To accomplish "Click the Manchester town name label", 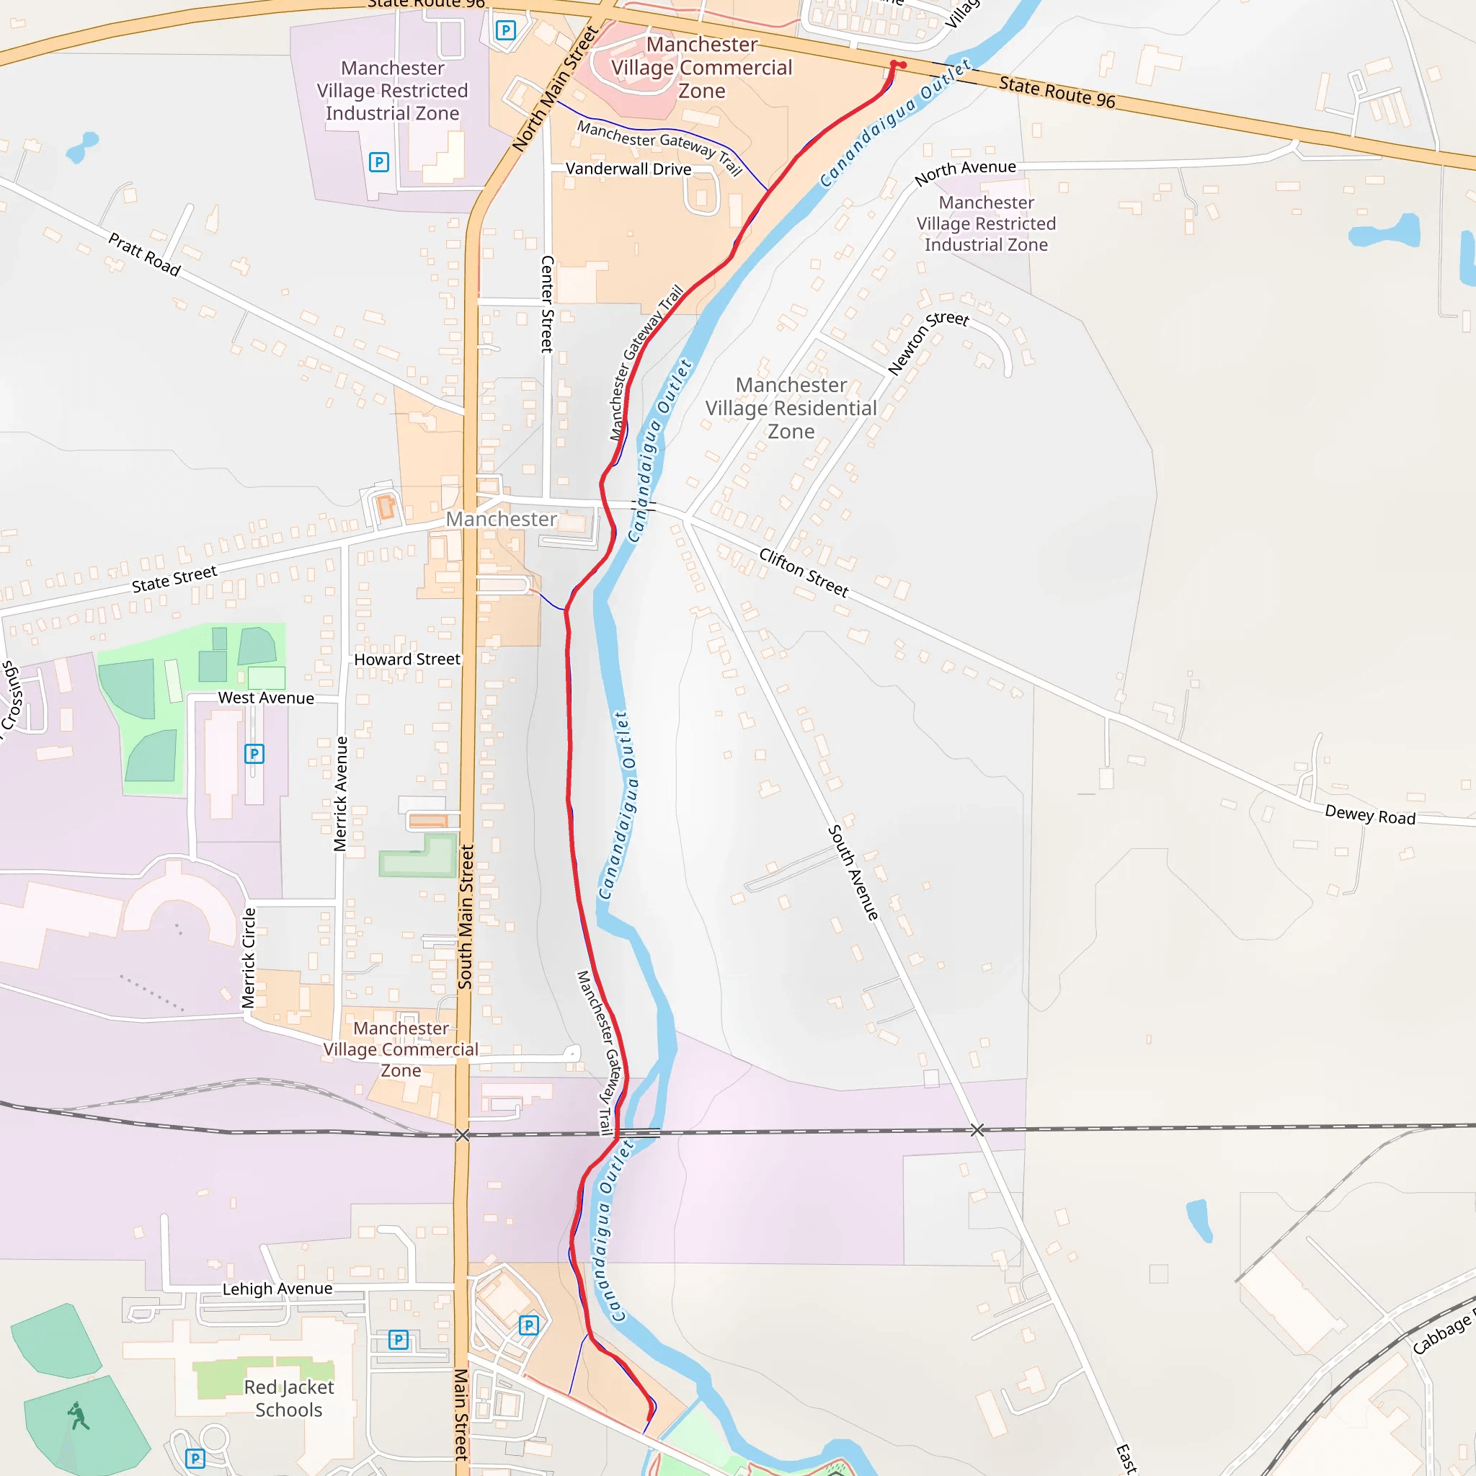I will tap(501, 519).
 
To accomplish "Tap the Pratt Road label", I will tap(143, 254).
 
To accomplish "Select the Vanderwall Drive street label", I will tap(628, 169).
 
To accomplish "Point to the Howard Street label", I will tap(406, 659).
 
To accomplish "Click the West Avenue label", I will tap(266, 698).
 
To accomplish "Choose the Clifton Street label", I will tap(803, 572).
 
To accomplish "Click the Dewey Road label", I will tap(1370, 815).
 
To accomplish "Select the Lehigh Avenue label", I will tap(277, 1289).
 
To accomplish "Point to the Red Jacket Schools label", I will tap(289, 1398).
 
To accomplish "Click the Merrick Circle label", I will tap(249, 958).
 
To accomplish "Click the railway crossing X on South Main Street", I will tap(462, 1135).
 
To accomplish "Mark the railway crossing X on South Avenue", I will tap(977, 1130).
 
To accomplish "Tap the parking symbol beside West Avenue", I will tap(254, 754).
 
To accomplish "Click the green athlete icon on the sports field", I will tap(79, 1415).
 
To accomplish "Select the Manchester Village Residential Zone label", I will tap(791, 408).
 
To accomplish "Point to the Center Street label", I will tap(547, 303).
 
